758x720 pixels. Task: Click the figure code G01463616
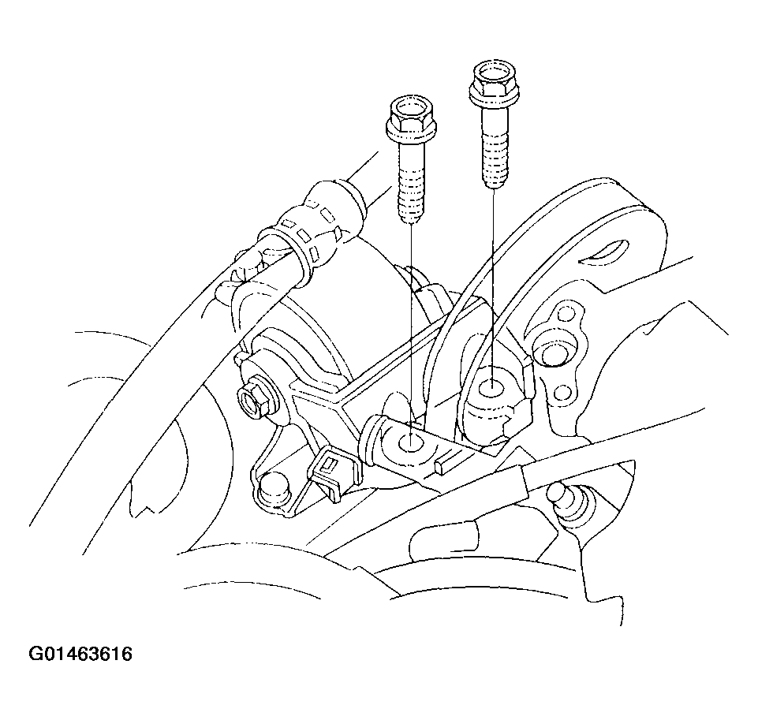(x=80, y=655)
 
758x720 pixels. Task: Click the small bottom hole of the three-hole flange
(x=562, y=392)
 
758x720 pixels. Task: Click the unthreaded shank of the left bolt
(x=412, y=155)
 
